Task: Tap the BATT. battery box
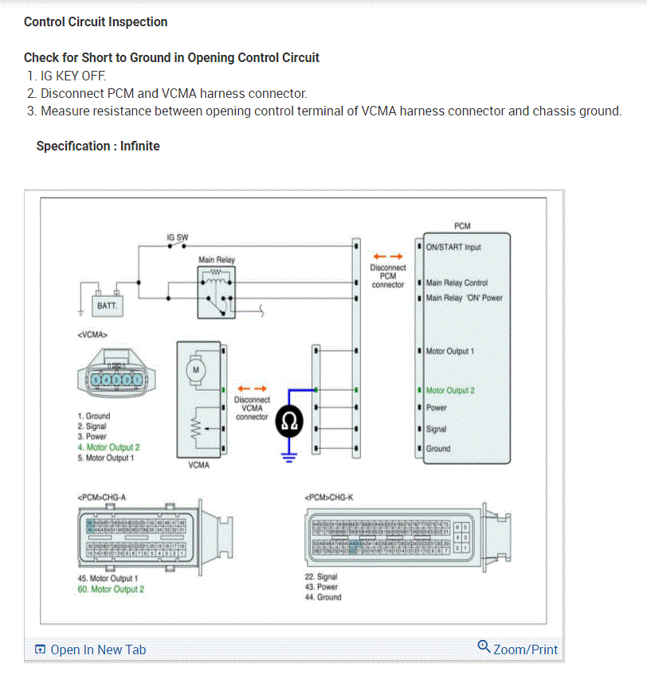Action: tap(106, 306)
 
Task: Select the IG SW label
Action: tap(177, 237)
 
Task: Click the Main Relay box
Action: tap(216, 291)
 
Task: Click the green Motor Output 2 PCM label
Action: tap(450, 390)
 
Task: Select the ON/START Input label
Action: tap(453, 247)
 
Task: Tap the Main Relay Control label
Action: tap(457, 283)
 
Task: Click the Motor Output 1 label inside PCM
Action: tap(450, 351)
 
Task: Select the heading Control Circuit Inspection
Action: tap(96, 21)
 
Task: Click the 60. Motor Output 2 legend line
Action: tap(111, 589)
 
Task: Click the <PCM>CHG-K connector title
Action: tap(328, 497)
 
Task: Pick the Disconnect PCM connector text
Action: tap(388, 275)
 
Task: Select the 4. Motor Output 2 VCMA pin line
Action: tap(108, 447)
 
